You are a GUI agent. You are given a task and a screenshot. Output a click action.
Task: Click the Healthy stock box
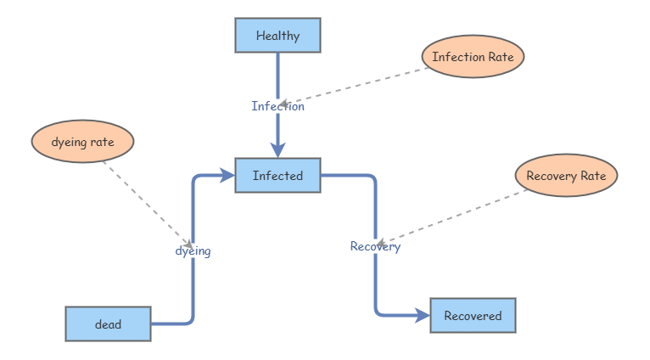point(277,36)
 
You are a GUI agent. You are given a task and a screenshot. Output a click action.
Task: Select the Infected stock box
point(277,176)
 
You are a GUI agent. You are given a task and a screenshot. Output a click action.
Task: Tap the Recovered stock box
point(473,315)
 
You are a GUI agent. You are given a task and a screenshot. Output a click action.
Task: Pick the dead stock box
point(109,324)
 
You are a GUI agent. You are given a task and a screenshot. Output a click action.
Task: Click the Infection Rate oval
point(473,56)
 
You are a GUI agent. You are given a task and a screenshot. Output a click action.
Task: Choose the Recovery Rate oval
point(566,176)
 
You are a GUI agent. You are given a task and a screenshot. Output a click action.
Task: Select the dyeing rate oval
point(82,142)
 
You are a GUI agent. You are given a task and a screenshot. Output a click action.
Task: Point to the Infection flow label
point(277,106)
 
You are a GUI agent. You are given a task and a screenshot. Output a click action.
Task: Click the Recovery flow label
point(375,246)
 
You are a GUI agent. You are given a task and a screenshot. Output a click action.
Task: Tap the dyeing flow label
point(193,251)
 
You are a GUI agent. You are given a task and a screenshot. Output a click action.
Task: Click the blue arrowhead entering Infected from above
point(277,150)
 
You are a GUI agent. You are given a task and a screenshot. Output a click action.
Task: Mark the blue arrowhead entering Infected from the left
point(227,176)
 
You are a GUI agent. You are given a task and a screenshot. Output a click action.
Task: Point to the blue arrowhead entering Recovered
point(423,316)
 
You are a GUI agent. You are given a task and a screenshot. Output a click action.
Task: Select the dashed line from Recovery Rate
point(451,217)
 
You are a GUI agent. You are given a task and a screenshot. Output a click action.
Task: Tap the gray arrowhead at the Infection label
point(283,104)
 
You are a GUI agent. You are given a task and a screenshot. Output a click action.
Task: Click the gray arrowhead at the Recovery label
point(380,243)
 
